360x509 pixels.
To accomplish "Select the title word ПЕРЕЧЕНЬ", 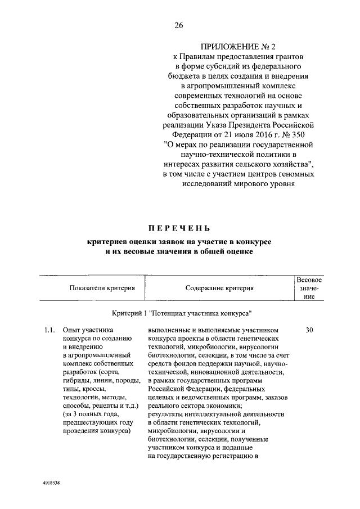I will click(x=179, y=228).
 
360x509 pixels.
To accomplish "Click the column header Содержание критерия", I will click(x=219, y=288).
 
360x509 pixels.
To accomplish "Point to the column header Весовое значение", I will click(x=309, y=288).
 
